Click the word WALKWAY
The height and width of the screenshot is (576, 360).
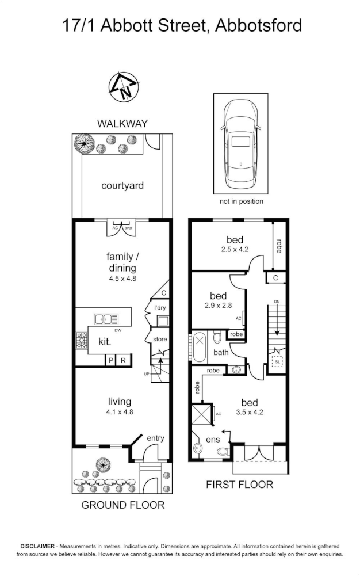pos(122,123)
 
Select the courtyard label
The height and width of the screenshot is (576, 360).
pos(122,186)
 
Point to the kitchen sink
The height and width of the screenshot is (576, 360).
pos(106,318)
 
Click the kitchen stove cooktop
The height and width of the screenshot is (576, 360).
pos(81,341)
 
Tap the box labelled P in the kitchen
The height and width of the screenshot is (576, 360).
pos(110,360)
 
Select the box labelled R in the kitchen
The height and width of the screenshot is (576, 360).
pos(123,360)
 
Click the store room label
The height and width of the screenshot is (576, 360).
pos(159,340)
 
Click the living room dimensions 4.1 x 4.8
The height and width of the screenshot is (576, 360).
pos(120,412)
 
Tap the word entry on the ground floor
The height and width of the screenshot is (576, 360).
pos(155,438)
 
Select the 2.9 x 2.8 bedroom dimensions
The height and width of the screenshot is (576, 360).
pos(218,306)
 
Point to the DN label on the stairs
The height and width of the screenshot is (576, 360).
pos(277,302)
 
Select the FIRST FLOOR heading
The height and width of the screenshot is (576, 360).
pos(239,485)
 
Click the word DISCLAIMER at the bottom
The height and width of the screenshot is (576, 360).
pos(38,546)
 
